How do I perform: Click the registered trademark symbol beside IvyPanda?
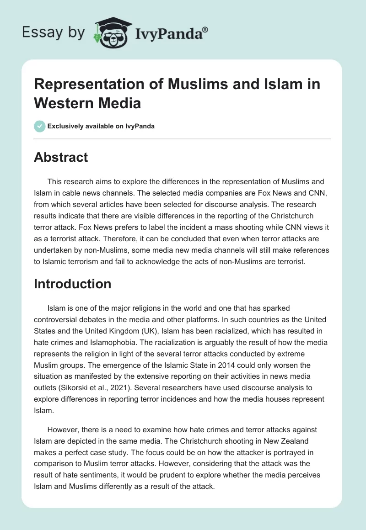tap(205, 30)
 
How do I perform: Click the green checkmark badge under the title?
tap(40, 126)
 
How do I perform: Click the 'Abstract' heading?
tap(61, 157)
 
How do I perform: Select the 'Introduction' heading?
tap(73, 284)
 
